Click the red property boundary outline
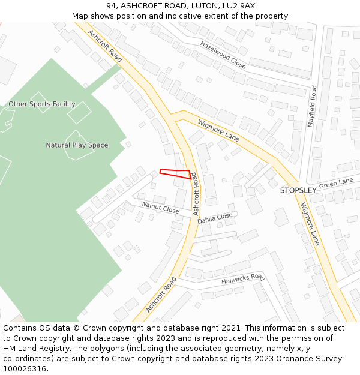(x=175, y=173)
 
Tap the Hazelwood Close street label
(x=223, y=55)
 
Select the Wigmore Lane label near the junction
(x=218, y=130)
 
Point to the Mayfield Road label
(x=312, y=106)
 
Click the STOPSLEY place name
(x=298, y=190)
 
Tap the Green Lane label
(x=336, y=183)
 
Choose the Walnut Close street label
(x=160, y=208)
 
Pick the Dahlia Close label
(x=215, y=218)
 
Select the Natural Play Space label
(x=77, y=145)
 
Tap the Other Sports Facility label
(x=42, y=104)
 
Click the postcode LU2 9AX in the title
(x=239, y=5)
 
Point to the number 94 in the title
(x=111, y=5)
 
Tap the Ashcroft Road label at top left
(x=105, y=46)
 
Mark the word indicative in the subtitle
(x=203, y=16)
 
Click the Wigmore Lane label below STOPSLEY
(x=310, y=224)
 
